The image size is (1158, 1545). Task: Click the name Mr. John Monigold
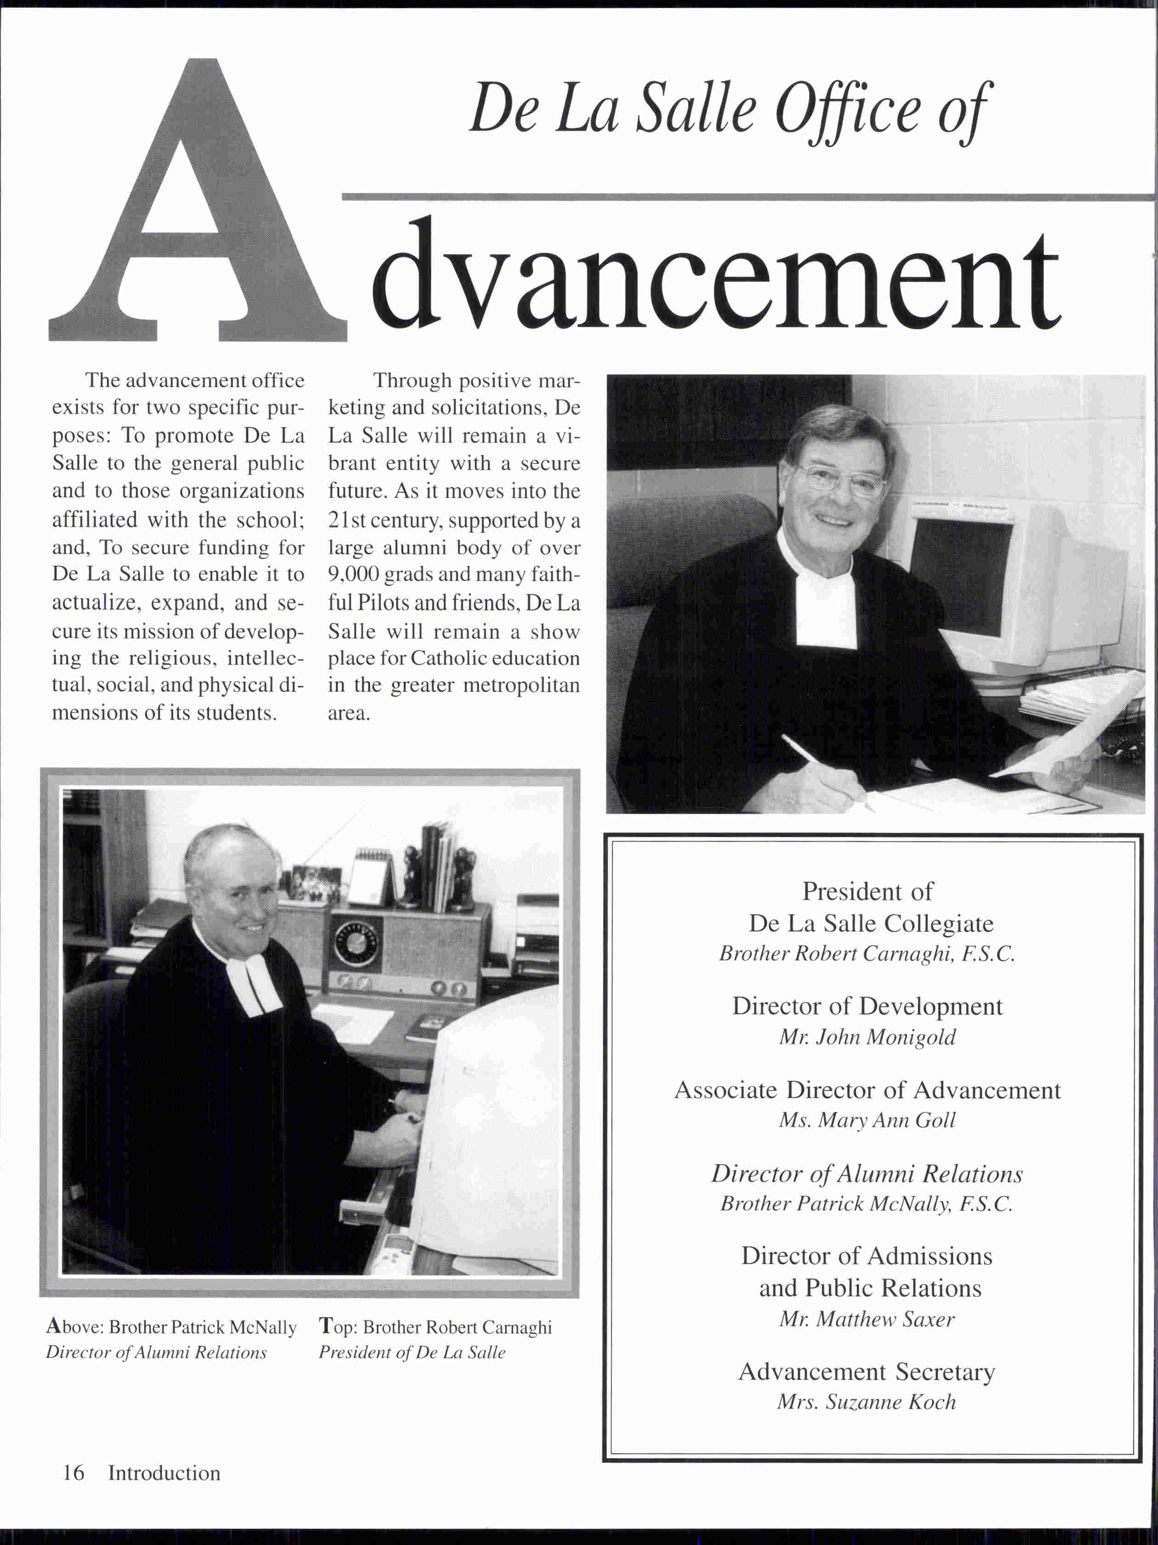point(867,1037)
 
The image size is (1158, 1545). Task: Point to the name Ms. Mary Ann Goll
point(867,1120)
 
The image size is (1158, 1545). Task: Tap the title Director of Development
point(867,1007)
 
